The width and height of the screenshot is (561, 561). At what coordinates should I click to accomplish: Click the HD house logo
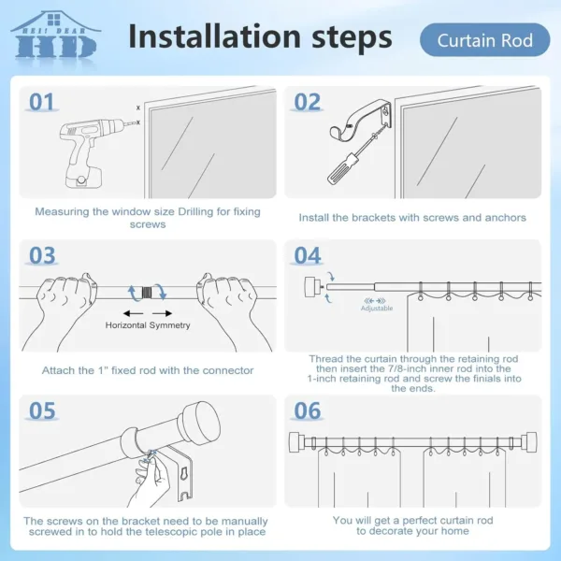pos(54,35)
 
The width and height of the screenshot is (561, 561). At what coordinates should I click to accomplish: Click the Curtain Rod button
pos(484,40)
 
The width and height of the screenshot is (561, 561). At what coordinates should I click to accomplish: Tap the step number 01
pos(42,101)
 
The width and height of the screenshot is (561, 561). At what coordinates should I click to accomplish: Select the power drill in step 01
pos(79,150)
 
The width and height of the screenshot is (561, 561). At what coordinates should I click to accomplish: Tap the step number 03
pos(42,255)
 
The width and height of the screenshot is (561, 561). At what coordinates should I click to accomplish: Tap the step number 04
pos(308,255)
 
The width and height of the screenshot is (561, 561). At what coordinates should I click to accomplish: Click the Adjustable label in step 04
pos(376,308)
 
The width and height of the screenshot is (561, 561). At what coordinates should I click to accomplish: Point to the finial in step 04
pos(309,287)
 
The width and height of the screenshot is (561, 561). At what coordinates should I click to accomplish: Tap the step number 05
pos(42,410)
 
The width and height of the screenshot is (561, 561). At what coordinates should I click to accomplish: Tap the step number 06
pos(308,410)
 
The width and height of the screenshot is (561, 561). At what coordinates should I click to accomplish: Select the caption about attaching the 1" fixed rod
pos(148,370)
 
